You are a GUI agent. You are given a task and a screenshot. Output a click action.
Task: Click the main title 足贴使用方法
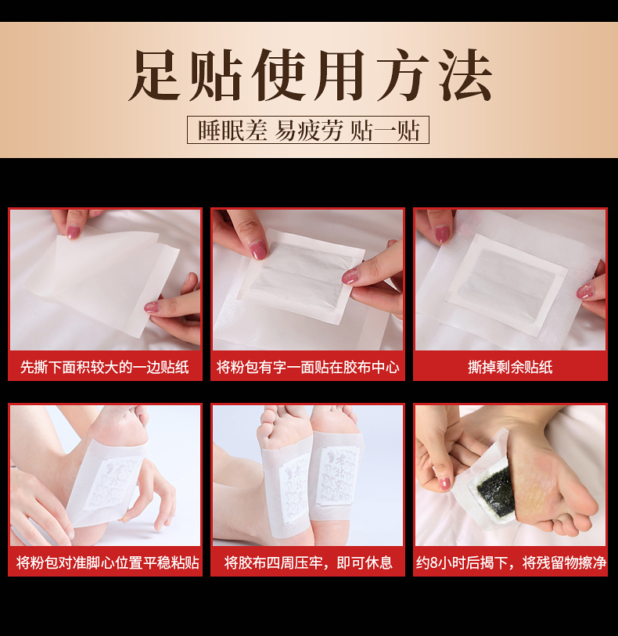pyautogui.click(x=310, y=76)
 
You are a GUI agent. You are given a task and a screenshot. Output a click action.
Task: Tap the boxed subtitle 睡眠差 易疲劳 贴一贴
pyautogui.click(x=308, y=130)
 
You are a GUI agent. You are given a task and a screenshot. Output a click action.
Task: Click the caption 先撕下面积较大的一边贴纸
pyautogui.click(x=105, y=367)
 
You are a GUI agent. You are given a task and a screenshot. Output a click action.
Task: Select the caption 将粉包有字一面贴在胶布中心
pyautogui.click(x=308, y=367)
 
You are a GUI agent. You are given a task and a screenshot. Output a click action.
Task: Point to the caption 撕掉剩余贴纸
pyautogui.click(x=510, y=367)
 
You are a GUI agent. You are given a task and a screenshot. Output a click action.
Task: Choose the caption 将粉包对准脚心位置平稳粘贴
pyautogui.click(x=105, y=562)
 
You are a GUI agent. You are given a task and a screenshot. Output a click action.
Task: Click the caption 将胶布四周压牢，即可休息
pyautogui.click(x=308, y=562)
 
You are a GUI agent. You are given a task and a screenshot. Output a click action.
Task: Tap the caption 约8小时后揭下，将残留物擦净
pyautogui.click(x=510, y=562)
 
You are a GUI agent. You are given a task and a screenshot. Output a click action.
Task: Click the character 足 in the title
pyautogui.click(x=158, y=76)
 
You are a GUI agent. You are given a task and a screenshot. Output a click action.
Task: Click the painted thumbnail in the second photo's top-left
pyautogui.click(x=258, y=250)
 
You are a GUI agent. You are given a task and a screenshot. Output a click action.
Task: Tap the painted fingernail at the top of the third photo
pyautogui.click(x=442, y=233)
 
